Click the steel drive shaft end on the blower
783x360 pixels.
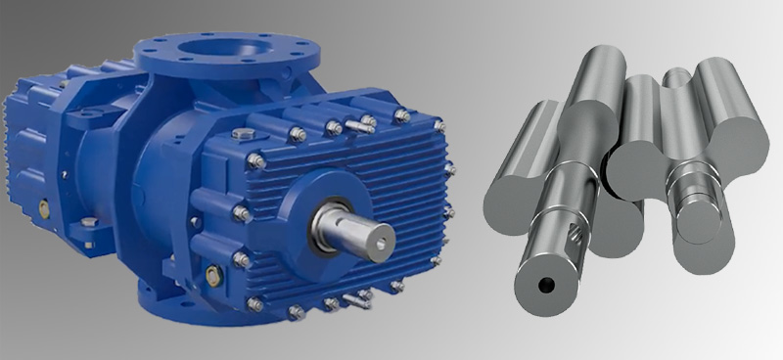tap(377, 236)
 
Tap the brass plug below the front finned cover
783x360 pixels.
tap(212, 277)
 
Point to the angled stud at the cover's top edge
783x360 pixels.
tap(368, 122)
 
